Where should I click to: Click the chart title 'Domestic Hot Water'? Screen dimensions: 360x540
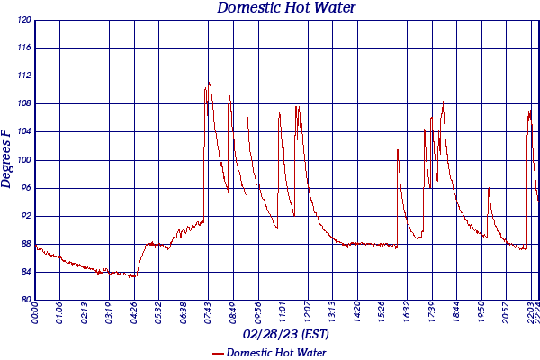pos(287,8)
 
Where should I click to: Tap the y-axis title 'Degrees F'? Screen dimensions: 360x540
pos(7,158)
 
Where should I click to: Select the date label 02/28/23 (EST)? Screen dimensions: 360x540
pos(286,334)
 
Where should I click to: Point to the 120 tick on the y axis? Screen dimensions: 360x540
pos(24,20)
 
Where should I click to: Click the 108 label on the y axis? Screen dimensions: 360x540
pos(24,103)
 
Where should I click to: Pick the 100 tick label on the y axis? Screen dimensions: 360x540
pos(24,160)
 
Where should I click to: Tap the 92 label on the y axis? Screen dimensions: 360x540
pos(26,216)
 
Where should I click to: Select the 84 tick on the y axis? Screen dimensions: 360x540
pos(26,272)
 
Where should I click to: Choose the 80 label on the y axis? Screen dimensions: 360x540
pos(26,300)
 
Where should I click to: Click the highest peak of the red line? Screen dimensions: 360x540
pos(209,82)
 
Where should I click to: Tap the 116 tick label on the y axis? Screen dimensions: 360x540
pos(24,48)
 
